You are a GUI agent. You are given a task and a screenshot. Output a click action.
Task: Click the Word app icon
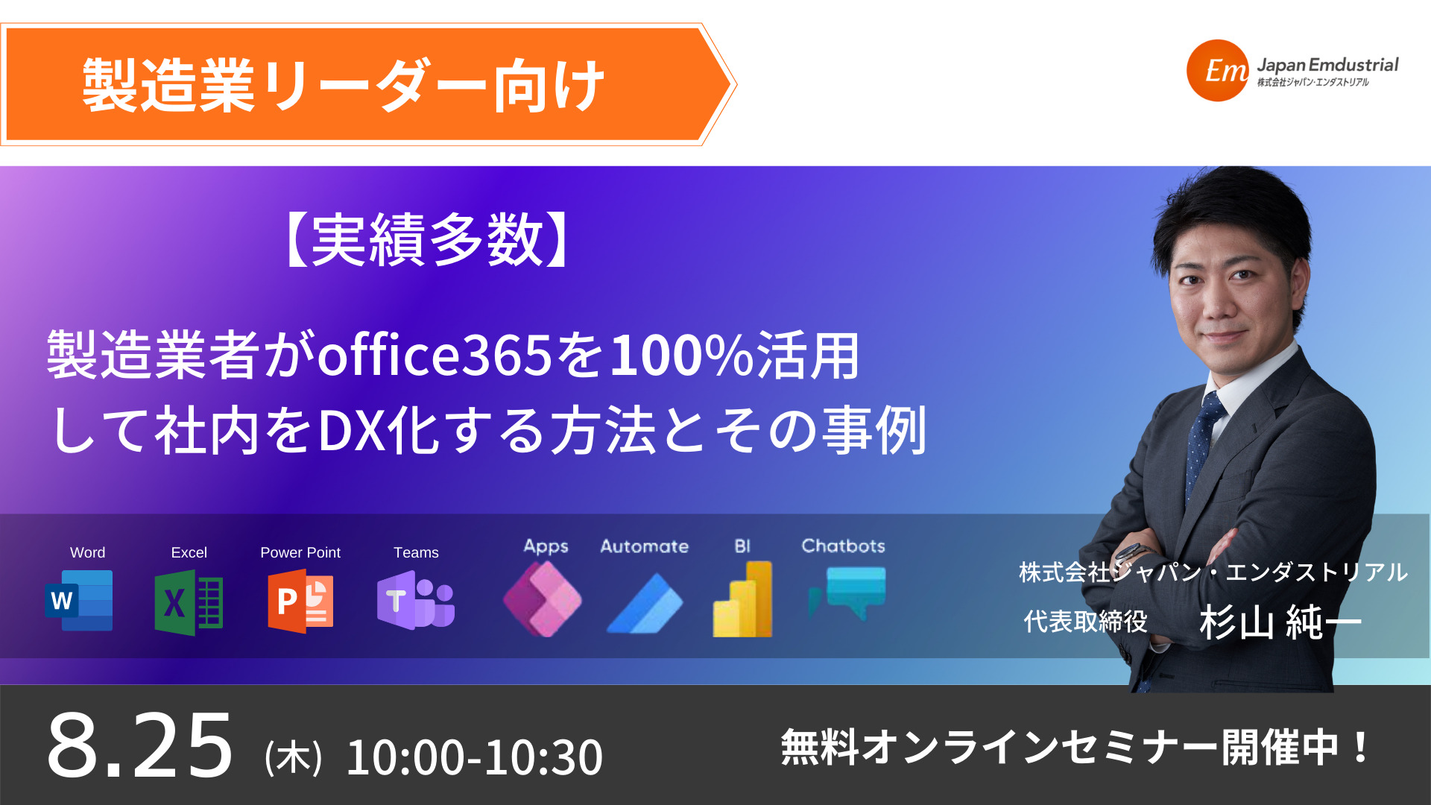79,601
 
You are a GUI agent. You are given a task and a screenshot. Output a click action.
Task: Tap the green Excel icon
189,602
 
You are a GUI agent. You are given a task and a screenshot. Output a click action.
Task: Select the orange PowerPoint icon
300,601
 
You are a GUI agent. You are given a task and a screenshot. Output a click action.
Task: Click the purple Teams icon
416,601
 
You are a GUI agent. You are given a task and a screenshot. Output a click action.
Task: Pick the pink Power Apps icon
543,599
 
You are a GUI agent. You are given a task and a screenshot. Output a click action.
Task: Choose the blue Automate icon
645,603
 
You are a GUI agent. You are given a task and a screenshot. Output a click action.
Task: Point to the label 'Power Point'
300,552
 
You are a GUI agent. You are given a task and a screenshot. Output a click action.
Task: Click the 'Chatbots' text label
843,546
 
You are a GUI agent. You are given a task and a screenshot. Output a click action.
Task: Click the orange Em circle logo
1218,71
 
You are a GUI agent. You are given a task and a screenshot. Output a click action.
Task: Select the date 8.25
140,745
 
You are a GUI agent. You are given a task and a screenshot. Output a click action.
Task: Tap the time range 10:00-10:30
475,757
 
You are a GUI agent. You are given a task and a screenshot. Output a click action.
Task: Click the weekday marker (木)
293,757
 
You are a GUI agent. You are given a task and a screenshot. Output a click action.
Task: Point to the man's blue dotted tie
1201,440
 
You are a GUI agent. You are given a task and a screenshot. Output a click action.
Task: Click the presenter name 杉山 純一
1280,622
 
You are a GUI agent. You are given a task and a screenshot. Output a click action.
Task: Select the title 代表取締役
1085,621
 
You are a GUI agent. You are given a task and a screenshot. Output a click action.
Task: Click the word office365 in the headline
435,355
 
